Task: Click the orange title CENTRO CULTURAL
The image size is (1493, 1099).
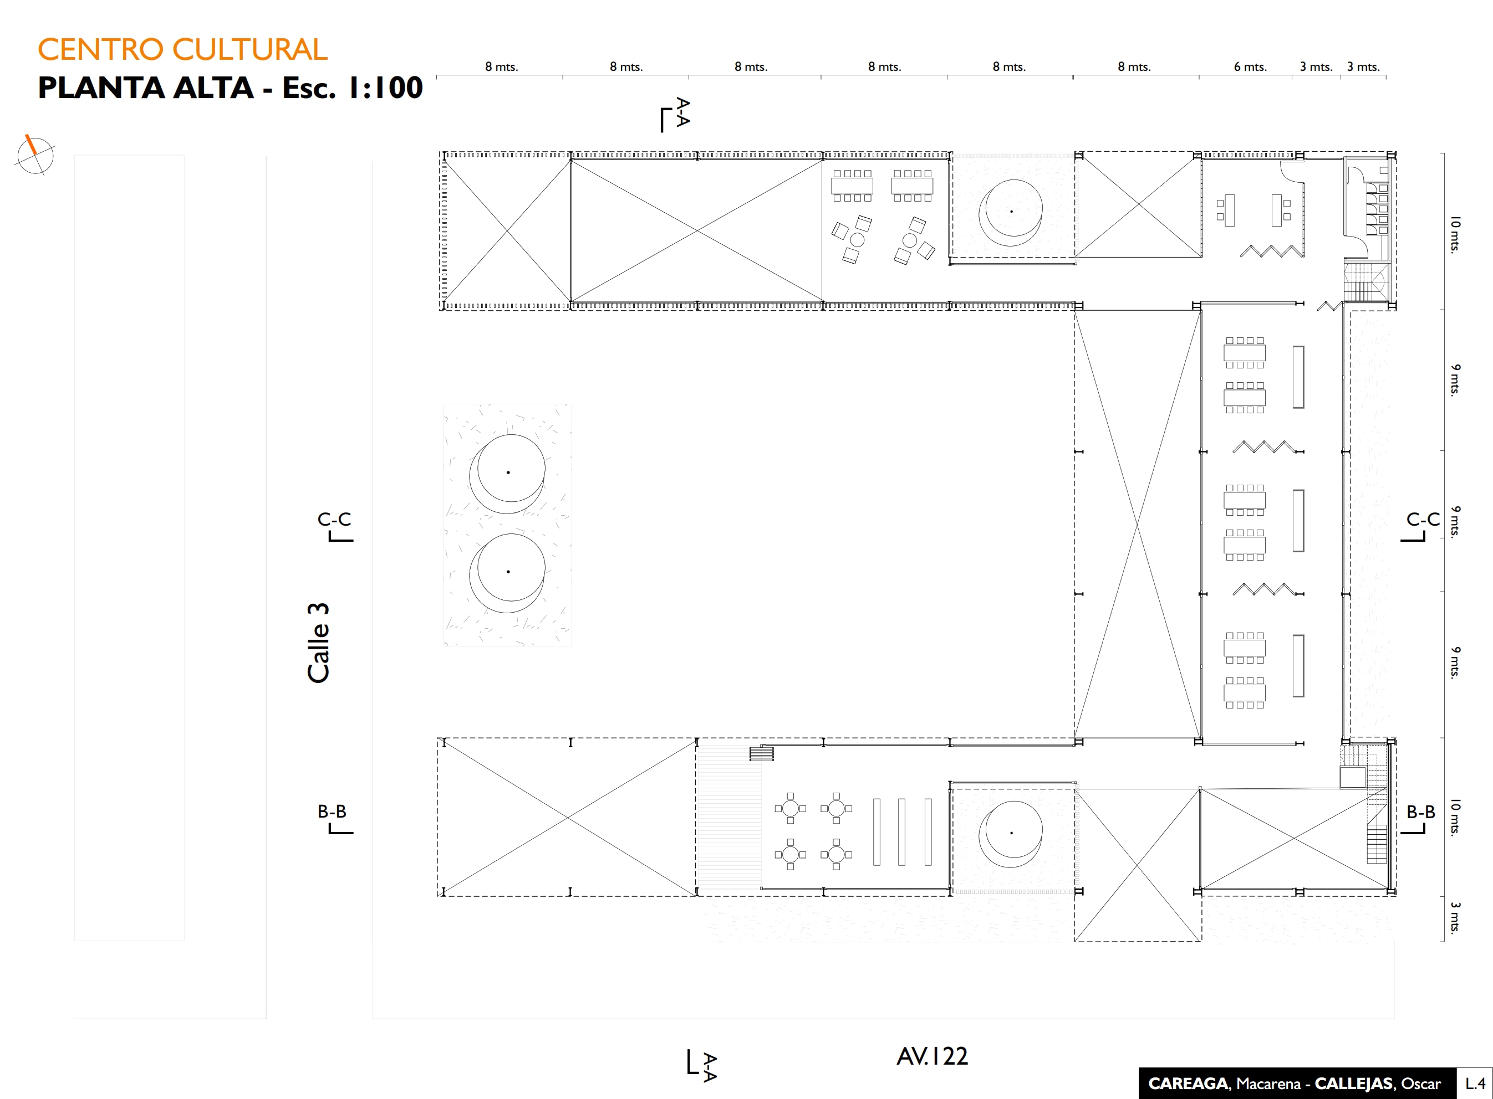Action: pyautogui.click(x=182, y=49)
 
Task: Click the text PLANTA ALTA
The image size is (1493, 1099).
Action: pyautogui.click(x=146, y=88)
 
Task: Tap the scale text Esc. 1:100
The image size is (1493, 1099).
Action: pyautogui.click(x=352, y=88)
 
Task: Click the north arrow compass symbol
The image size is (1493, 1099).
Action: pyautogui.click(x=34, y=155)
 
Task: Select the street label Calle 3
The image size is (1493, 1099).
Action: pyautogui.click(x=318, y=643)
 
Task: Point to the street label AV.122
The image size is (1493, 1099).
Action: pyautogui.click(x=932, y=1056)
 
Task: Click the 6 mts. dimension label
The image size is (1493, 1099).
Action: pyautogui.click(x=1250, y=66)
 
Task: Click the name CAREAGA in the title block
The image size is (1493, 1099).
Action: pyautogui.click(x=1188, y=1083)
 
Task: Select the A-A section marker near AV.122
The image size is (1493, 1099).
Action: pyautogui.click(x=702, y=1065)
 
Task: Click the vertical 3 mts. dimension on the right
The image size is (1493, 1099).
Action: pyautogui.click(x=1456, y=917)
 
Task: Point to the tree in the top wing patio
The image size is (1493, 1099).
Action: pyautogui.click(x=1011, y=212)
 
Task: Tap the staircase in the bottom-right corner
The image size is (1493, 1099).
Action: pyautogui.click(x=1376, y=843)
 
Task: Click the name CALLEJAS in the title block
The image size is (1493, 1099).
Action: pyautogui.click(x=1353, y=1083)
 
